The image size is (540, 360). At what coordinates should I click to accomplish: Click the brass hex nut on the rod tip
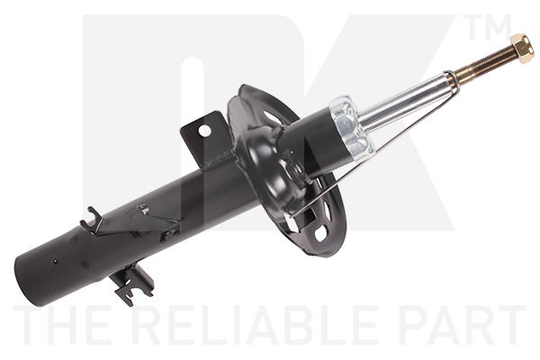pyautogui.click(x=523, y=49)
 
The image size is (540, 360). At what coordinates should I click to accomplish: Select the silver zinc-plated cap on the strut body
pyautogui.click(x=352, y=128)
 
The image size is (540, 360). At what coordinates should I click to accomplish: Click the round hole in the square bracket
pyautogui.click(x=204, y=130)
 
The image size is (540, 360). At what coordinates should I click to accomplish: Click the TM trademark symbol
pyautogui.click(x=490, y=27)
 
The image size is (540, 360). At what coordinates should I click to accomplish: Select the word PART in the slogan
pyautogui.click(x=463, y=325)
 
